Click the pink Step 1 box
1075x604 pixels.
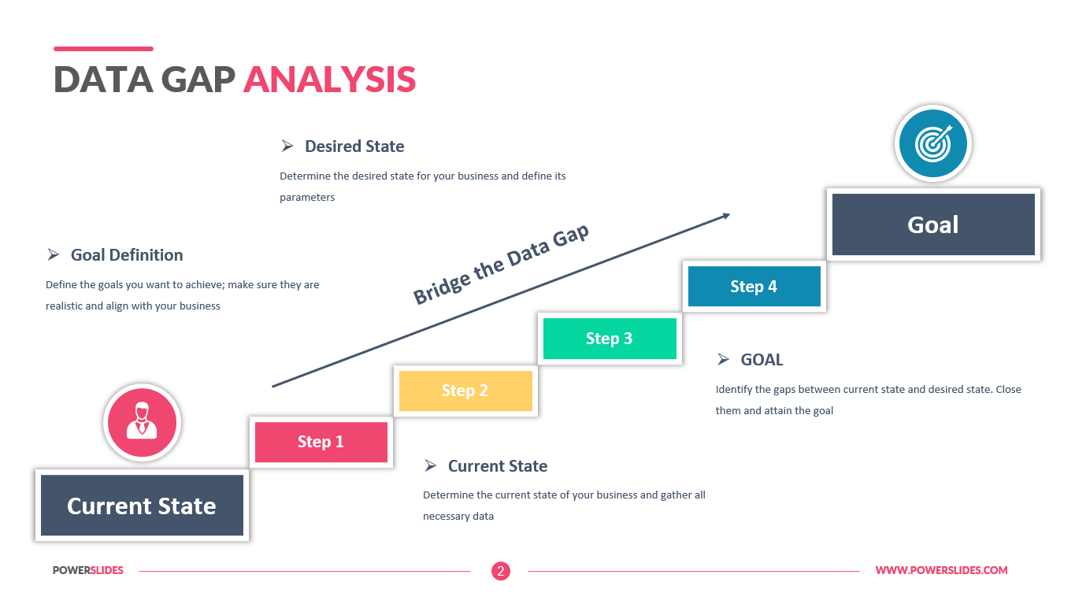321,442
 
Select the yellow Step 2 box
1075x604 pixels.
465,391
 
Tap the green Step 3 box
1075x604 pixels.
610,339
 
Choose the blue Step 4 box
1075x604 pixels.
754,287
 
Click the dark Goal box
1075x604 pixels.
933,224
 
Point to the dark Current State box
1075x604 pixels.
142,506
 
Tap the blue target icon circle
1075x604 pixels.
933,143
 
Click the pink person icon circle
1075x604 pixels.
142,422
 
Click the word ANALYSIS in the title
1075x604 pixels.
329,80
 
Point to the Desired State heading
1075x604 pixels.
354,146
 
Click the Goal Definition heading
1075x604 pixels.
127,255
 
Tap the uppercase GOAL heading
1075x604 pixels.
762,360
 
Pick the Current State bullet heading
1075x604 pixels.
497,466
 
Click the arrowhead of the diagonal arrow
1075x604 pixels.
725,215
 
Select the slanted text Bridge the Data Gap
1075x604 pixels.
501,265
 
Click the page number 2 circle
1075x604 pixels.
501,571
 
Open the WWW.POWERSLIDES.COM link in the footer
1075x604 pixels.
941,571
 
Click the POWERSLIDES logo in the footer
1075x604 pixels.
88,571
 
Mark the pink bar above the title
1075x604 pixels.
103,49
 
